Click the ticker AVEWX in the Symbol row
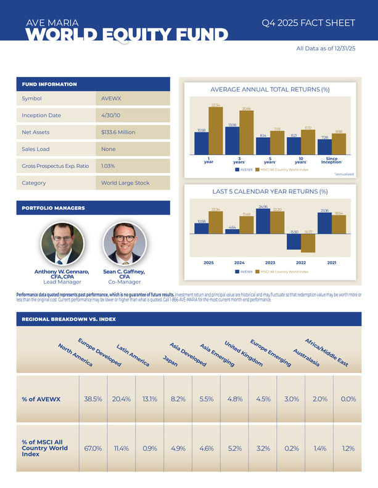click(x=112, y=98)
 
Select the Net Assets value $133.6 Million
click(x=118, y=132)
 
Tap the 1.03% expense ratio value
click(x=109, y=166)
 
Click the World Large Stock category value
click(x=125, y=183)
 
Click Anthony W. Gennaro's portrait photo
click(x=62, y=243)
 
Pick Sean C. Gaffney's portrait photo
click(x=123, y=243)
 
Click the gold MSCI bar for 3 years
click(x=247, y=132)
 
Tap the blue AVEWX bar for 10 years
click(x=294, y=146)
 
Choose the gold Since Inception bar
click(x=339, y=144)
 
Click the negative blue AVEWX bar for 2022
click(x=294, y=241)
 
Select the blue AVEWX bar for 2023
click(x=263, y=222)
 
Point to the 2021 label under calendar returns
click(x=332, y=263)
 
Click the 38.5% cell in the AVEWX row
click(x=92, y=399)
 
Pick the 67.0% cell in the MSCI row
click(x=92, y=448)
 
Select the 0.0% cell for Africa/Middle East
click(x=348, y=399)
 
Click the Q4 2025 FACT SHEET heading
click(x=308, y=23)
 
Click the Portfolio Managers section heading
click(x=46, y=209)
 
